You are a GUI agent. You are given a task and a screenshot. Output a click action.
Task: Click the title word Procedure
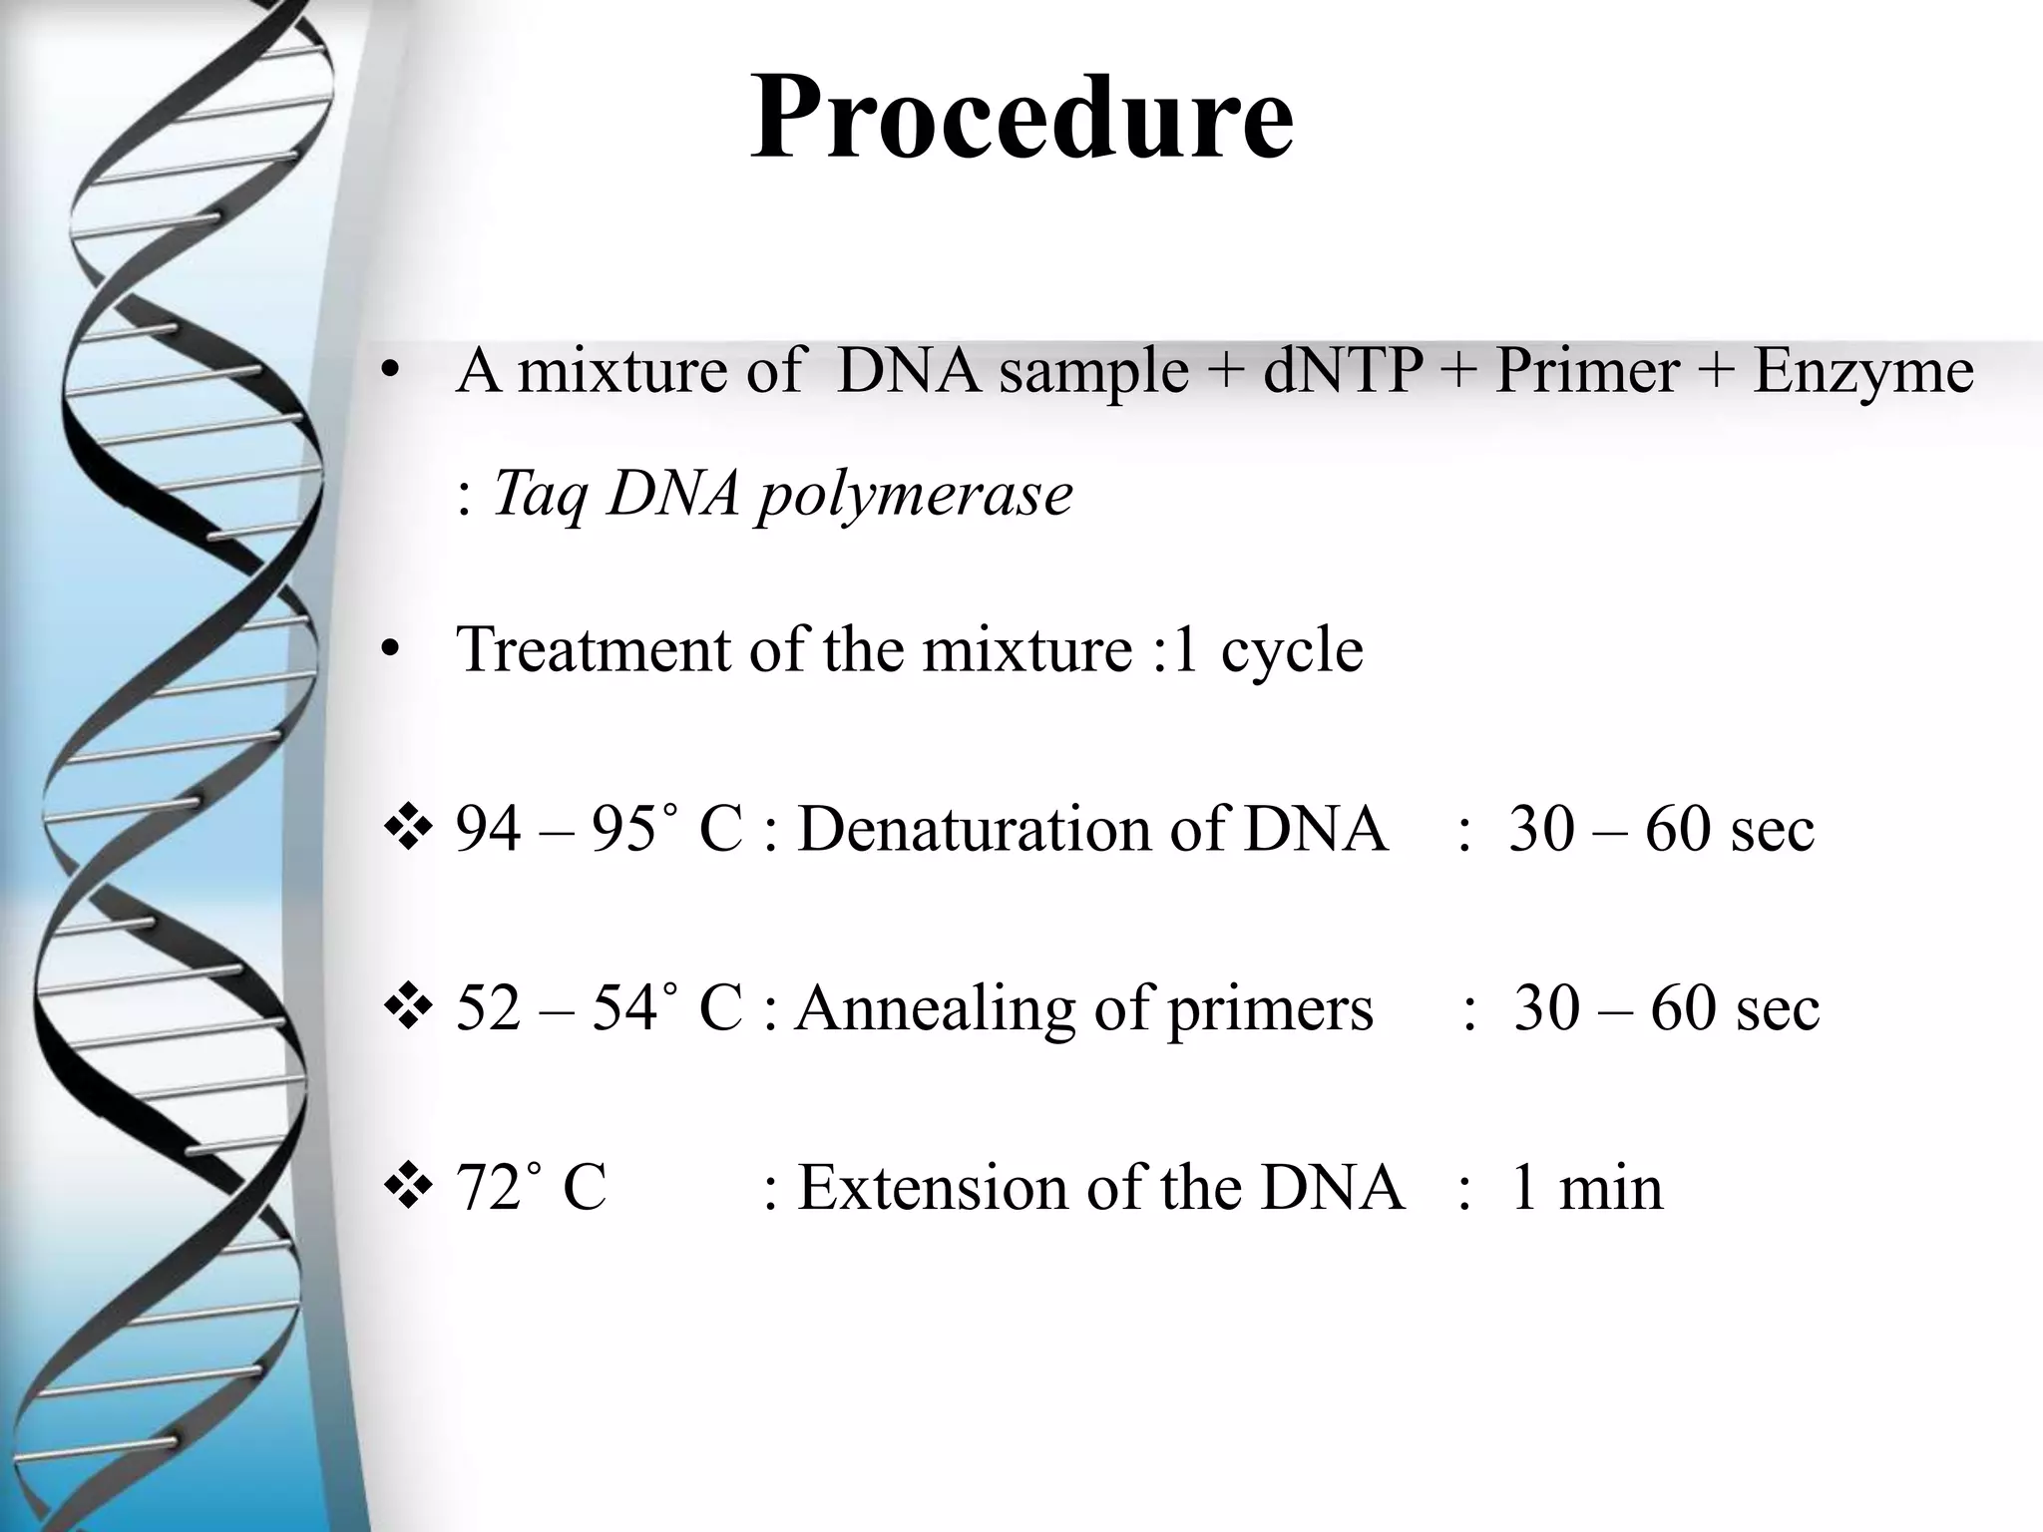coord(1021,118)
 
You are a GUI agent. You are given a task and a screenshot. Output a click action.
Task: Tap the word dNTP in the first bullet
coord(1342,371)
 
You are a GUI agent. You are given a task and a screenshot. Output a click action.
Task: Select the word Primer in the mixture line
coord(1586,371)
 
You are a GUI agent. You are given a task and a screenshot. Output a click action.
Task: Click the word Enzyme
coord(1862,373)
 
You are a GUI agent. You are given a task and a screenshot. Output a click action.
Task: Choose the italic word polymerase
coord(914,495)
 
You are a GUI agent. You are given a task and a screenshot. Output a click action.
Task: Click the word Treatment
coord(595,649)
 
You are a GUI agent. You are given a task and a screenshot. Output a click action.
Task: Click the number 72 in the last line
coord(489,1188)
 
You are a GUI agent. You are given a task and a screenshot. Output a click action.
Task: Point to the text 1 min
coord(1587,1188)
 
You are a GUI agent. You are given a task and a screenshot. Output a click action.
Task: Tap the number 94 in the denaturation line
coord(489,829)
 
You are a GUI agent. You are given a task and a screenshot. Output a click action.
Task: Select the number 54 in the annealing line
coord(624,1008)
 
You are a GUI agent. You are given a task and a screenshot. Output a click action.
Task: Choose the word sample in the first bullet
coord(1093,373)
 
